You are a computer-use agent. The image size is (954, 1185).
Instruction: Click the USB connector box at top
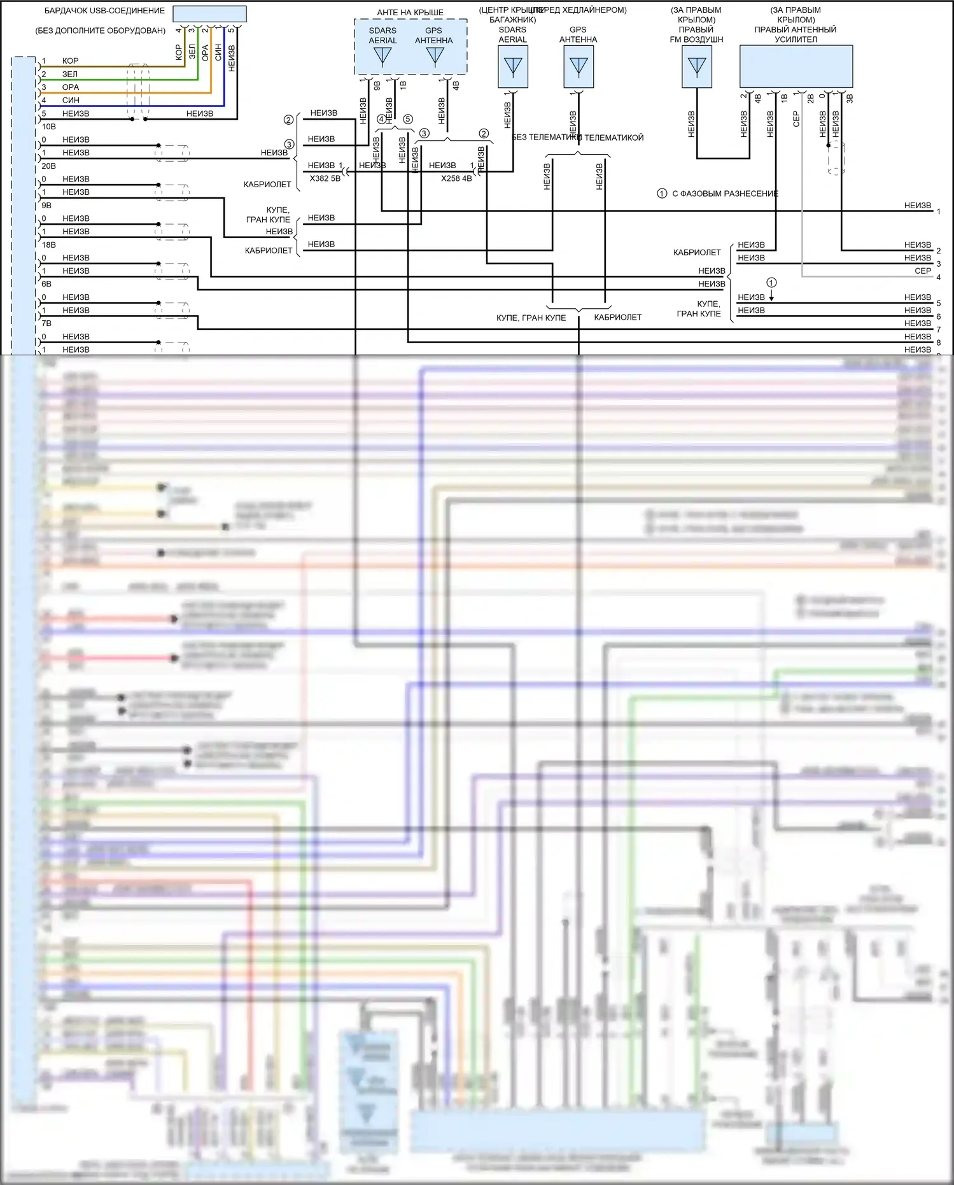pos(209,14)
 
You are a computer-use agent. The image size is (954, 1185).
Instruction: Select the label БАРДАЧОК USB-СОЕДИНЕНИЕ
pos(104,11)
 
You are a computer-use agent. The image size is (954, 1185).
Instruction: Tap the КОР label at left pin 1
pos(71,61)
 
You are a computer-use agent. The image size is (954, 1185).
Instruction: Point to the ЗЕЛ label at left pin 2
pos(70,75)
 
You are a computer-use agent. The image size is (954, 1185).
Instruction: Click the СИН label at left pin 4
pos(71,101)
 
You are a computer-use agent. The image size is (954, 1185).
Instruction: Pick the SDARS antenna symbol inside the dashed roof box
pos(382,57)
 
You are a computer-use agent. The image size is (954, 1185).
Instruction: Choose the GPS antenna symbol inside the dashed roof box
pos(435,57)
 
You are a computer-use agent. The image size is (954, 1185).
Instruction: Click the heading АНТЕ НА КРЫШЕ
pos(410,13)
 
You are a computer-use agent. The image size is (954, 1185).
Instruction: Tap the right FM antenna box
pos(696,66)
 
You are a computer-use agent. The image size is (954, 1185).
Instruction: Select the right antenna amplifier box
pos(796,66)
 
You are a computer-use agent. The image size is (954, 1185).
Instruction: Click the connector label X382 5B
pos(325,179)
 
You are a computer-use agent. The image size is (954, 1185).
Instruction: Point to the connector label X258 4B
pos(456,179)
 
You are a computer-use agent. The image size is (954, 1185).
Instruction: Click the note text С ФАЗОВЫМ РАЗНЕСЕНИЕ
pos(725,194)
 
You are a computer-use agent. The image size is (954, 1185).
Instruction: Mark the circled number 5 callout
pos(408,119)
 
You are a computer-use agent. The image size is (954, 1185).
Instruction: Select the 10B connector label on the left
pos(49,127)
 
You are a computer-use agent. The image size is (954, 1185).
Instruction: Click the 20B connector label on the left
pos(49,166)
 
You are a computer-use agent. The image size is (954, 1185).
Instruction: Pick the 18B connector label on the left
pos(49,245)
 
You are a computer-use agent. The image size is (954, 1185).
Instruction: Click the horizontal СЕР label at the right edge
pos(923,271)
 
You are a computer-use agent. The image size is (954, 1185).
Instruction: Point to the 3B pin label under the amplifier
pos(850,99)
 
